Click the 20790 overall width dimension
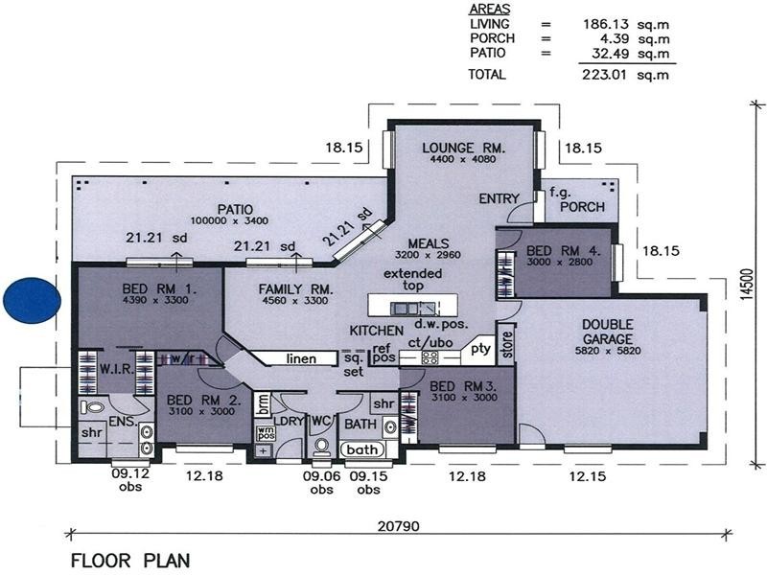click(x=392, y=527)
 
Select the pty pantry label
click(x=480, y=350)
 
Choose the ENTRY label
click(x=500, y=199)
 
